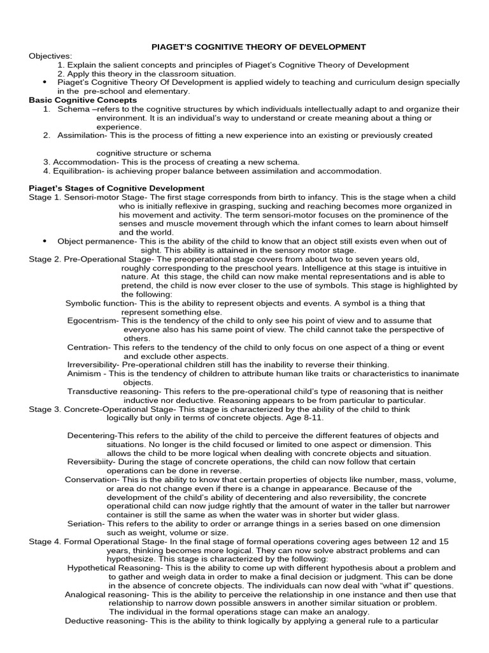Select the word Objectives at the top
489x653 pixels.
click(x=50, y=56)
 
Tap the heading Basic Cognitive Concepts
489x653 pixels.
click(x=83, y=100)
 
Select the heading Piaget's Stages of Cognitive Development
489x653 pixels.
click(x=117, y=188)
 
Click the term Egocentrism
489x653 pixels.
click(x=93, y=320)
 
